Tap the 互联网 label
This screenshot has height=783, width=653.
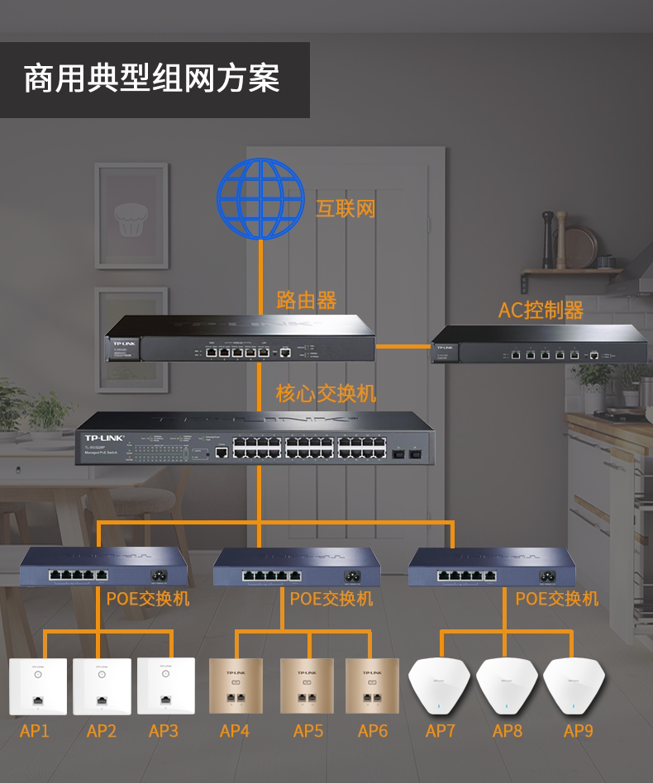pyautogui.click(x=346, y=208)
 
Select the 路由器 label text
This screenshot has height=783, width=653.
pyautogui.click(x=306, y=299)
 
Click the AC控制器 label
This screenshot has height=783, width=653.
pyautogui.click(x=541, y=310)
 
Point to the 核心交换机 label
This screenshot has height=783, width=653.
pyautogui.click(x=326, y=393)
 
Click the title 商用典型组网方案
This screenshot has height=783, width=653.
pyautogui.click(x=152, y=79)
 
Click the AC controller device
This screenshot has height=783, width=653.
pyautogui.click(x=539, y=344)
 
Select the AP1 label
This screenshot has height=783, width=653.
pyautogui.click(x=35, y=731)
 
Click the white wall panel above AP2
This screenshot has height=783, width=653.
pyautogui.click(x=102, y=686)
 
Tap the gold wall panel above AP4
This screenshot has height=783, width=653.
pyautogui.click(x=235, y=686)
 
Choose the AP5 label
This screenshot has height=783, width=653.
pyautogui.click(x=308, y=731)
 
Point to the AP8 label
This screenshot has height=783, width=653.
pyautogui.click(x=508, y=731)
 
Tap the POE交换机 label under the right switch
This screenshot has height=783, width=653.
pyautogui.click(x=556, y=598)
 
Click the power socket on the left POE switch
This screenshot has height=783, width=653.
pyautogui.click(x=155, y=575)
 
